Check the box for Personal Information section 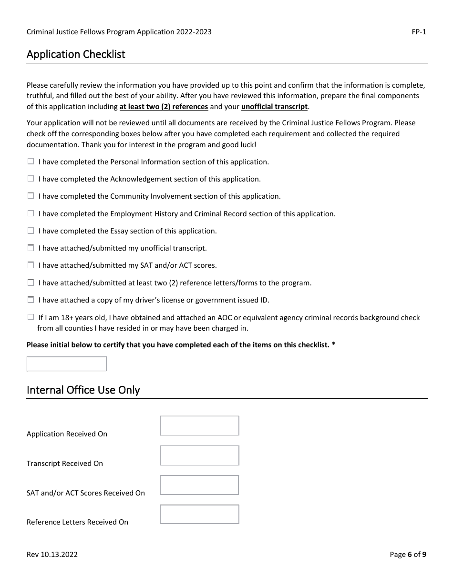point(31,162)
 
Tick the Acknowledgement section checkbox point(31,179)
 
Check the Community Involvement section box point(31,196)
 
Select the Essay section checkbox point(31,231)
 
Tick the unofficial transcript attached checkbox point(31,248)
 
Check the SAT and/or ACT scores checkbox point(31,265)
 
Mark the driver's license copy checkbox point(31,300)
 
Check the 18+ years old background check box point(31,317)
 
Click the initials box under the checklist point(66,364)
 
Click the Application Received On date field point(199,425)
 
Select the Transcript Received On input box point(199,455)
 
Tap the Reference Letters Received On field point(199,515)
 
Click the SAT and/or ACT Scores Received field point(199,485)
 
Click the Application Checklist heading point(76,54)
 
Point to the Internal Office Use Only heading point(83,390)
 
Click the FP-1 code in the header point(419,32)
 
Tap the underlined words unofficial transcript point(274,107)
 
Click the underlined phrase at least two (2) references point(164,107)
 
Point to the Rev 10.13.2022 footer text point(52,554)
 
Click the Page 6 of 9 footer point(408,554)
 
